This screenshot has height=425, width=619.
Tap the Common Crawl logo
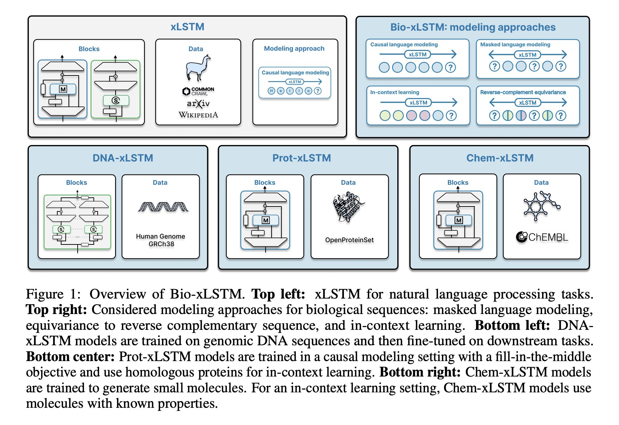198,91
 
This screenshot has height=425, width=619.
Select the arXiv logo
198,103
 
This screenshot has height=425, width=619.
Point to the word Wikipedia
198,115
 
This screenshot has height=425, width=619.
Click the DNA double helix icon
163,207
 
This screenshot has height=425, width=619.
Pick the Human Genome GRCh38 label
161,240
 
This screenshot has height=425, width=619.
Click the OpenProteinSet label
349,240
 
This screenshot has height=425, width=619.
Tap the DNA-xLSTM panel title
123,158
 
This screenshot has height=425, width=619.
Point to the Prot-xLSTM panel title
301,158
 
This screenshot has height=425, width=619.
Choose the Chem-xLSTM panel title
500,158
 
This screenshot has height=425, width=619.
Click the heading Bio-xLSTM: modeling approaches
473,27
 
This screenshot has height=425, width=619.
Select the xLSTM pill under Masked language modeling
527,55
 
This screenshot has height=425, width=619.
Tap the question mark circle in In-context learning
451,116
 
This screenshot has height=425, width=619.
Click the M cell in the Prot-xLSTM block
266,220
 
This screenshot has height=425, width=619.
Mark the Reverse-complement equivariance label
523,92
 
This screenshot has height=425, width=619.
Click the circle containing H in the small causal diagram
271,91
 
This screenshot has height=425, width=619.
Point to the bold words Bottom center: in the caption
70,357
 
